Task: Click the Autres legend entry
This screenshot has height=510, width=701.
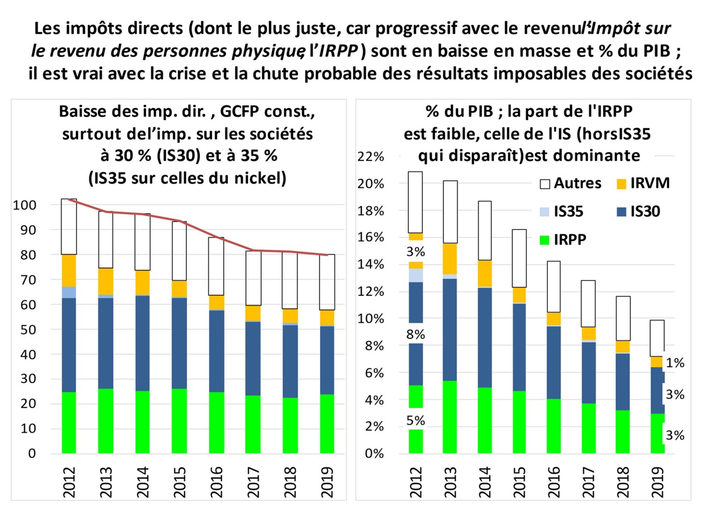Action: click(x=570, y=183)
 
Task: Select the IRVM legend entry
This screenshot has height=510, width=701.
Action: click(x=644, y=183)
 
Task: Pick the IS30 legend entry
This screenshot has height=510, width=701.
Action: click(x=639, y=211)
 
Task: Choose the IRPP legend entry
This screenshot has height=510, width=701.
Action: click(x=563, y=239)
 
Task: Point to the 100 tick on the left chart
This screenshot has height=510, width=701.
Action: click(x=25, y=205)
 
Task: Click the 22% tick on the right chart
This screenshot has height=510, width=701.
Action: click(x=371, y=157)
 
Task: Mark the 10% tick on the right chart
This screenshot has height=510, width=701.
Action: click(x=371, y=319)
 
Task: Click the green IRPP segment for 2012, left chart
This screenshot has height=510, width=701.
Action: click(x=69, y=422)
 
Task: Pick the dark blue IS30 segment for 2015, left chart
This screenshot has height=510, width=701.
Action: click(x=179, y=343)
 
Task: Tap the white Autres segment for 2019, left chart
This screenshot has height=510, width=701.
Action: click(x=327, y=282)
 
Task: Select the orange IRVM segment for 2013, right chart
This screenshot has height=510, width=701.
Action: click(x=450, y=259)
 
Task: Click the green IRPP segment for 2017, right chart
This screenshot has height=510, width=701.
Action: click(x=589, y=428)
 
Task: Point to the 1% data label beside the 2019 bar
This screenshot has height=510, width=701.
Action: click(x=675, y=363)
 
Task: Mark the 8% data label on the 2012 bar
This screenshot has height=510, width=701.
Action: click(x=416, y=335)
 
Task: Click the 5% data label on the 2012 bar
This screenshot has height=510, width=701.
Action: click(x=416, y=421)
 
